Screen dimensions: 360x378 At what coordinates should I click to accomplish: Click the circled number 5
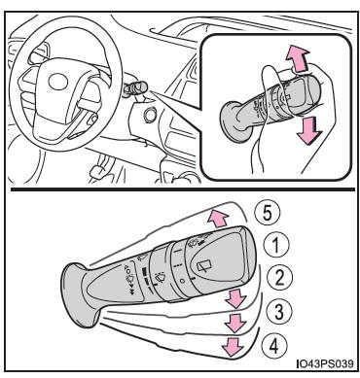click(x=267, y=214)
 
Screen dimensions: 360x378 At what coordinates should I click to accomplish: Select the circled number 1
click(x=275, y=245)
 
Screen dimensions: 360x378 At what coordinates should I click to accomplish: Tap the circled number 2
click(x=280, y=278)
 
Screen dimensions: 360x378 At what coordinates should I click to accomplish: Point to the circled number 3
click(x=278, y=311)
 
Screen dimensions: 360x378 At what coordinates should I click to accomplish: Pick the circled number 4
click(x=274, y=345)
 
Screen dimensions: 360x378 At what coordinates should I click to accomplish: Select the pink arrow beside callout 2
click(x=236, y=298)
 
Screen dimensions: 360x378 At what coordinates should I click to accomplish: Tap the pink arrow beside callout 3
click(x=235, y=323)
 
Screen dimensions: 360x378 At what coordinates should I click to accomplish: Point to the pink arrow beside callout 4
click(x=233, y=347)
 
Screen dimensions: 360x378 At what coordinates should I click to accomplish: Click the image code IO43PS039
click(x=325, y=363)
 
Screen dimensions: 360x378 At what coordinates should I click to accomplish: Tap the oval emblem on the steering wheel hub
click(x=57, y=82)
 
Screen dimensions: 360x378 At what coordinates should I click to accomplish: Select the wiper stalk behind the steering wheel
click(x=135, y=88)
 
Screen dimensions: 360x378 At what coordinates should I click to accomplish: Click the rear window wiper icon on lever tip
click(x=204, y=267)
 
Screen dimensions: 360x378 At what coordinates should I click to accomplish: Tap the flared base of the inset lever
click(x=235, y=121)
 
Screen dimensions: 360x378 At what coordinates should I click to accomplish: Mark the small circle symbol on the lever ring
click(x=182, y=281)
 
